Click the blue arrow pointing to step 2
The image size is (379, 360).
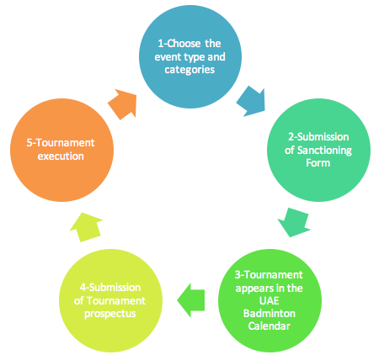(x=252, y=102)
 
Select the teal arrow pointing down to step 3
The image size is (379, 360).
(x=294, y=222)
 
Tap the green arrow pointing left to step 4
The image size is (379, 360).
(x=191, y=300)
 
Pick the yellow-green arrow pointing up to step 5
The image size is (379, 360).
(x=86, y=227)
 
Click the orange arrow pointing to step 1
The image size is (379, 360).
(x=123, y=104)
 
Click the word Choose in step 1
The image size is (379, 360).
(x=184, y=44)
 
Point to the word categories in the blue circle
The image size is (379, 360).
(x=189, y=70)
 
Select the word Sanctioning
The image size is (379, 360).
(x=324, y=151)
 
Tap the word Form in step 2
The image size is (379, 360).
(x=318, y=163)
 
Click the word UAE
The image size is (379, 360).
(x=270, y=301)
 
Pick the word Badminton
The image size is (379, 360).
(x=270, y=314)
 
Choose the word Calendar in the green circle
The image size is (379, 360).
(x=269, y=326)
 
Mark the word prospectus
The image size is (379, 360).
(x=110, y=314)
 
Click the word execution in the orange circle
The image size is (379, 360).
(x=61, y=156)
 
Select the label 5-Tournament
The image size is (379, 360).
(x=61, y=143)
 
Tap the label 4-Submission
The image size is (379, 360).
(x=110, y=288)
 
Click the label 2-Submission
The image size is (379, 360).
(x=318, y=137)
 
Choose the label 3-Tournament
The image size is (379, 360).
(x=269, y=275)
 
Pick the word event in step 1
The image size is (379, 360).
(x=168, y=57)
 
